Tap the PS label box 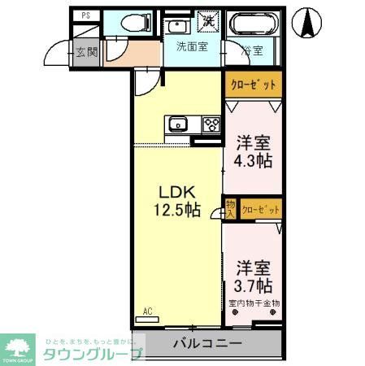(x=85, y=15)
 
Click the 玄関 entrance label (x=86, y=51)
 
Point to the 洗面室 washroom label (x=192, y=46)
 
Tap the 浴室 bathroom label (x=251, y=50)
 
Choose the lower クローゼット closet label (x=261, y=209)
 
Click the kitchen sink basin (x=177, y=124)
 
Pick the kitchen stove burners (x=212, y=124)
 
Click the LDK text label (x=175, y=193)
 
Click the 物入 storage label (x=230, y=208)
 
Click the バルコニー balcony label (x=206, y=343)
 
